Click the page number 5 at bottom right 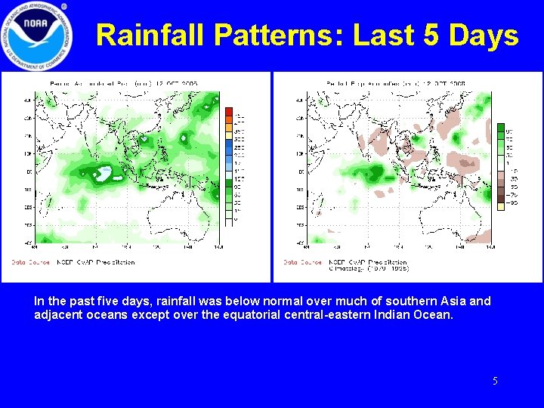[x=495, y=381]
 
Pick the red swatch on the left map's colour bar [x=229, y=113]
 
